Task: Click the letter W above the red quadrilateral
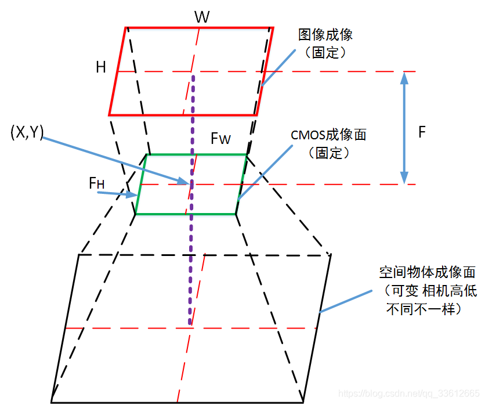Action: click(x=201, y=17)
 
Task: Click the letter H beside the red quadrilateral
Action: click(x=101, y=67)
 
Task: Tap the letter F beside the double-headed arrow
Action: click(x=422, y=132)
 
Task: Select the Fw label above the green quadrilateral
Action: click(x=220, y=139)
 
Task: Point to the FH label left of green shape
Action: click(x=96, y=183)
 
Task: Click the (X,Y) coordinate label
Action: click(x=27, y=132)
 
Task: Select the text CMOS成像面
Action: click(x=328, y=135)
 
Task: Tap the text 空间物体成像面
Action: click(x=427, y=272)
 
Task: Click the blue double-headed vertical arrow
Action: click(x=404, y=128)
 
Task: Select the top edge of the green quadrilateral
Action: click(x=196, y=154)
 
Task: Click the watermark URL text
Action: click(x=408, y=393)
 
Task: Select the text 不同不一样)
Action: click(x=424, y=309)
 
